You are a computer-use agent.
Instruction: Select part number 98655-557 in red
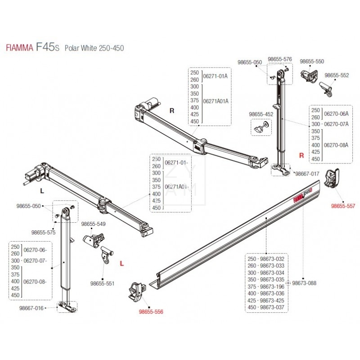pos(343,206)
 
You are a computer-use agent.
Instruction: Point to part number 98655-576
pos(280,59)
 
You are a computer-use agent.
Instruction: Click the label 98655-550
pos(312,61)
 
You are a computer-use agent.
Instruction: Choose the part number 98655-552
pos(337,75)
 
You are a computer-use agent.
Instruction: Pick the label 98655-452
pos(261,113)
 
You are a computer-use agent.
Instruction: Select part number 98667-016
pos(31,308)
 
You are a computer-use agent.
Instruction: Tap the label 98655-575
pos(43,233)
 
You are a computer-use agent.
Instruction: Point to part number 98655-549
pos(93,224)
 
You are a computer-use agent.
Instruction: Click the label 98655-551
pos(103,283)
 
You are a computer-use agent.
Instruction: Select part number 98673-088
pos(304,283)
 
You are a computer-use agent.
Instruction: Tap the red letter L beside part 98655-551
pos(121,264)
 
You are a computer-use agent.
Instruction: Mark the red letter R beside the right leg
pos(302,155)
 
